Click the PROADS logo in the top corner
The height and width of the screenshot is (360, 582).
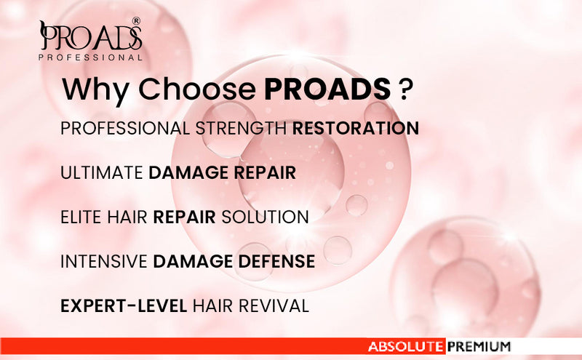point(90,36)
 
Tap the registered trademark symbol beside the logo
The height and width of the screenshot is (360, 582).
point(136,22)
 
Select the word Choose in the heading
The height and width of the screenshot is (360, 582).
point(196,89)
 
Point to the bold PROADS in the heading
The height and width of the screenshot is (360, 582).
point(327,89)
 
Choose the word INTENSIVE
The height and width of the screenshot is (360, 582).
point(103,261)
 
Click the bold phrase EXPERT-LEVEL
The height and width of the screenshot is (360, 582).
point(124,305)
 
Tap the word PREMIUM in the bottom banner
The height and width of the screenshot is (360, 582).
point(479,347)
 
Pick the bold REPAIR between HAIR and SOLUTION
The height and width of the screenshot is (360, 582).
point(185,217)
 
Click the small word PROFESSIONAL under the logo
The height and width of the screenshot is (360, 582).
point(90,57)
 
